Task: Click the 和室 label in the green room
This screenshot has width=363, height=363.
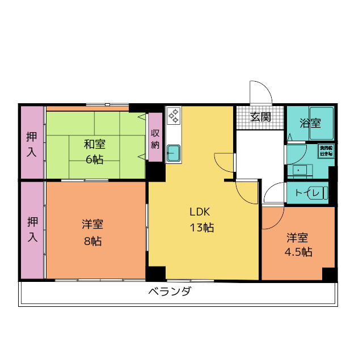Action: click(x=95, y=144)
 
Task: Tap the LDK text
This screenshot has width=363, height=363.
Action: click(x=200, y=212)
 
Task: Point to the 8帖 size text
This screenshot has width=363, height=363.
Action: click(x=92, y=241)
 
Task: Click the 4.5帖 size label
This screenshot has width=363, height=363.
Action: click(x=298, y=252)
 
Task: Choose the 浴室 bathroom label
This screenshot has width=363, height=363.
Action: click(x=310, y=123)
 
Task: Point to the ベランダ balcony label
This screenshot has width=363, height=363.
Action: click(x=170, y=293)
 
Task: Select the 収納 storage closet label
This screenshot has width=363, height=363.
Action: click(x=155, y=138)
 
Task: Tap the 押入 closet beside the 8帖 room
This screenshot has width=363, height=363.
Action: click(x=32, y=230)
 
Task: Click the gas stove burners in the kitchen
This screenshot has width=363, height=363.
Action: click(x=173, y=116)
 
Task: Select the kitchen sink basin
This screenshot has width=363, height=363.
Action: click(x=173, y=153)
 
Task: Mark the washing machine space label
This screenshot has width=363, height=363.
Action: click(x=326, y=151)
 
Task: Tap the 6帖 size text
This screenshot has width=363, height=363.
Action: click(x=95, y=159)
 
